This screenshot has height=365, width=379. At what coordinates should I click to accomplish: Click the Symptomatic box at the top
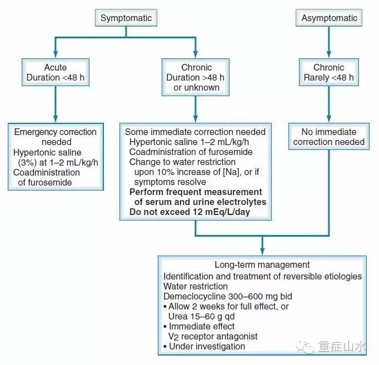[x=126, y=18]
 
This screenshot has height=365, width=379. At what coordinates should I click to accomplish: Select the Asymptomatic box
[x=329, y=18]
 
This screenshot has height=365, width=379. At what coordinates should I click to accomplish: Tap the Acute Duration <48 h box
[x=55, y=72]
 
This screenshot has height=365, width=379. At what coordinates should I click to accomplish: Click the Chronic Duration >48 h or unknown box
[x=196, y=77]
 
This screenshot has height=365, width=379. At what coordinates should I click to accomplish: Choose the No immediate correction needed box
[x=329, y=137]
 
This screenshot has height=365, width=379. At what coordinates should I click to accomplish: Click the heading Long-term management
[x=262, y=265]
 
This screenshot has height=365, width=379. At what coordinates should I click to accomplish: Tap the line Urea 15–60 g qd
[x=204, y=317]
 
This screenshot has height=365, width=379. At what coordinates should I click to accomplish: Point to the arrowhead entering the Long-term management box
[x=262, y=251]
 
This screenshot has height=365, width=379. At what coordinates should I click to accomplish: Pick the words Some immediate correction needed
[x=195, y=132]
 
